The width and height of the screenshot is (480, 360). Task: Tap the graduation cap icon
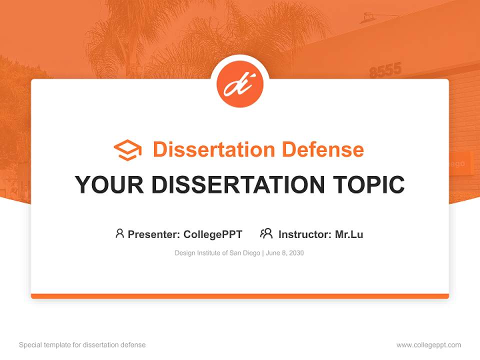click(127, 150)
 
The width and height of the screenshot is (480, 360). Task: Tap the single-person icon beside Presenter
click(119, 233)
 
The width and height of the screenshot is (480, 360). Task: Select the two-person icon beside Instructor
click(266, 233)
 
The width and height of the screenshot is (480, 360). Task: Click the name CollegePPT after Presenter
click(213, 234)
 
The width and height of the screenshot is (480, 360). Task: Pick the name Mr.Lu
click(349, 234)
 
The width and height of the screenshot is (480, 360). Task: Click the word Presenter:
click(154, 234)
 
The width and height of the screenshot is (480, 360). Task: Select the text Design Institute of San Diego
click(217, 253)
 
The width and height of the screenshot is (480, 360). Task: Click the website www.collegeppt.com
click(428, 345)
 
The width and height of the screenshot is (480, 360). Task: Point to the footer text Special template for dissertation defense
click(82, 345)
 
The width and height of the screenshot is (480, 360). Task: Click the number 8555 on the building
click(385, 70)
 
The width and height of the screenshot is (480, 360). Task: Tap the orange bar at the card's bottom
click(240, 296)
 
